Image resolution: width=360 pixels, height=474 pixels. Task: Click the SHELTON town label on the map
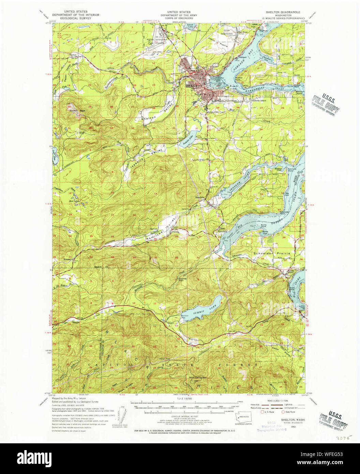tap(194, 86)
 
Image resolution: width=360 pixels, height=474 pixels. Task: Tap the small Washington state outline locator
tap(244, 416)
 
